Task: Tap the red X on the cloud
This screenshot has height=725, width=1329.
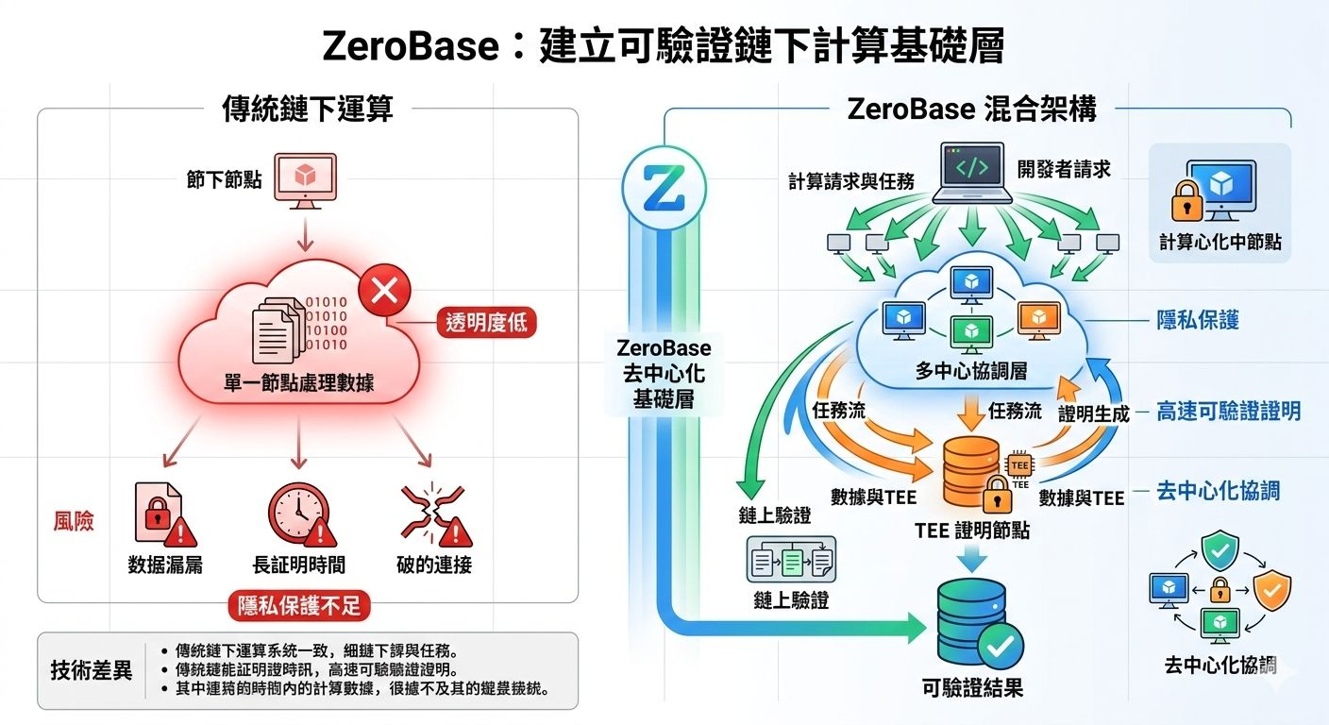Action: click(x=384, y=290)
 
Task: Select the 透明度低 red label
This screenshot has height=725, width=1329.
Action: click(x=485, y=324)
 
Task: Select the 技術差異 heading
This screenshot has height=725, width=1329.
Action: click(x=92, y=671)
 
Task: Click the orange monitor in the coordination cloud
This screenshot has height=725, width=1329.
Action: click(x=1037, y=320)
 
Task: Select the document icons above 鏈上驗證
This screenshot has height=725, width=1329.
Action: click(x=790, y=564)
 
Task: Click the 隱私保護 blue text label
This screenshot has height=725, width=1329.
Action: click(x=1198, y=320)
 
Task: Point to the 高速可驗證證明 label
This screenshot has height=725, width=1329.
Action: click(x=1228, y=411)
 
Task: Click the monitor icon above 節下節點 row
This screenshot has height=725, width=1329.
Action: click(x=304, y=178)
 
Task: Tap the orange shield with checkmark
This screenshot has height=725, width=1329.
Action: click(x=1270, y=591)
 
